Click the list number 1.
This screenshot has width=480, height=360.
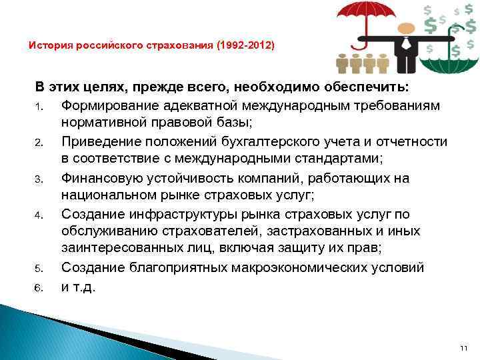(39, 107)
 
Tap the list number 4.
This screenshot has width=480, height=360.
(39, 215)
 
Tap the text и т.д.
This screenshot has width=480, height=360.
(79, 287)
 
